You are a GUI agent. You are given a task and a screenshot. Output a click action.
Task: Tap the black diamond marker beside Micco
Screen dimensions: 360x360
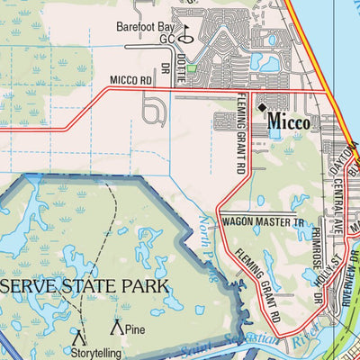(263, 108)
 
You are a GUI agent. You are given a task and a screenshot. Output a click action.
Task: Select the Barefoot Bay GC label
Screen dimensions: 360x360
(148, 32)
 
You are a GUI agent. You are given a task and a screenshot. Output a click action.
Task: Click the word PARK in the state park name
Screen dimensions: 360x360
(145, 287)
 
